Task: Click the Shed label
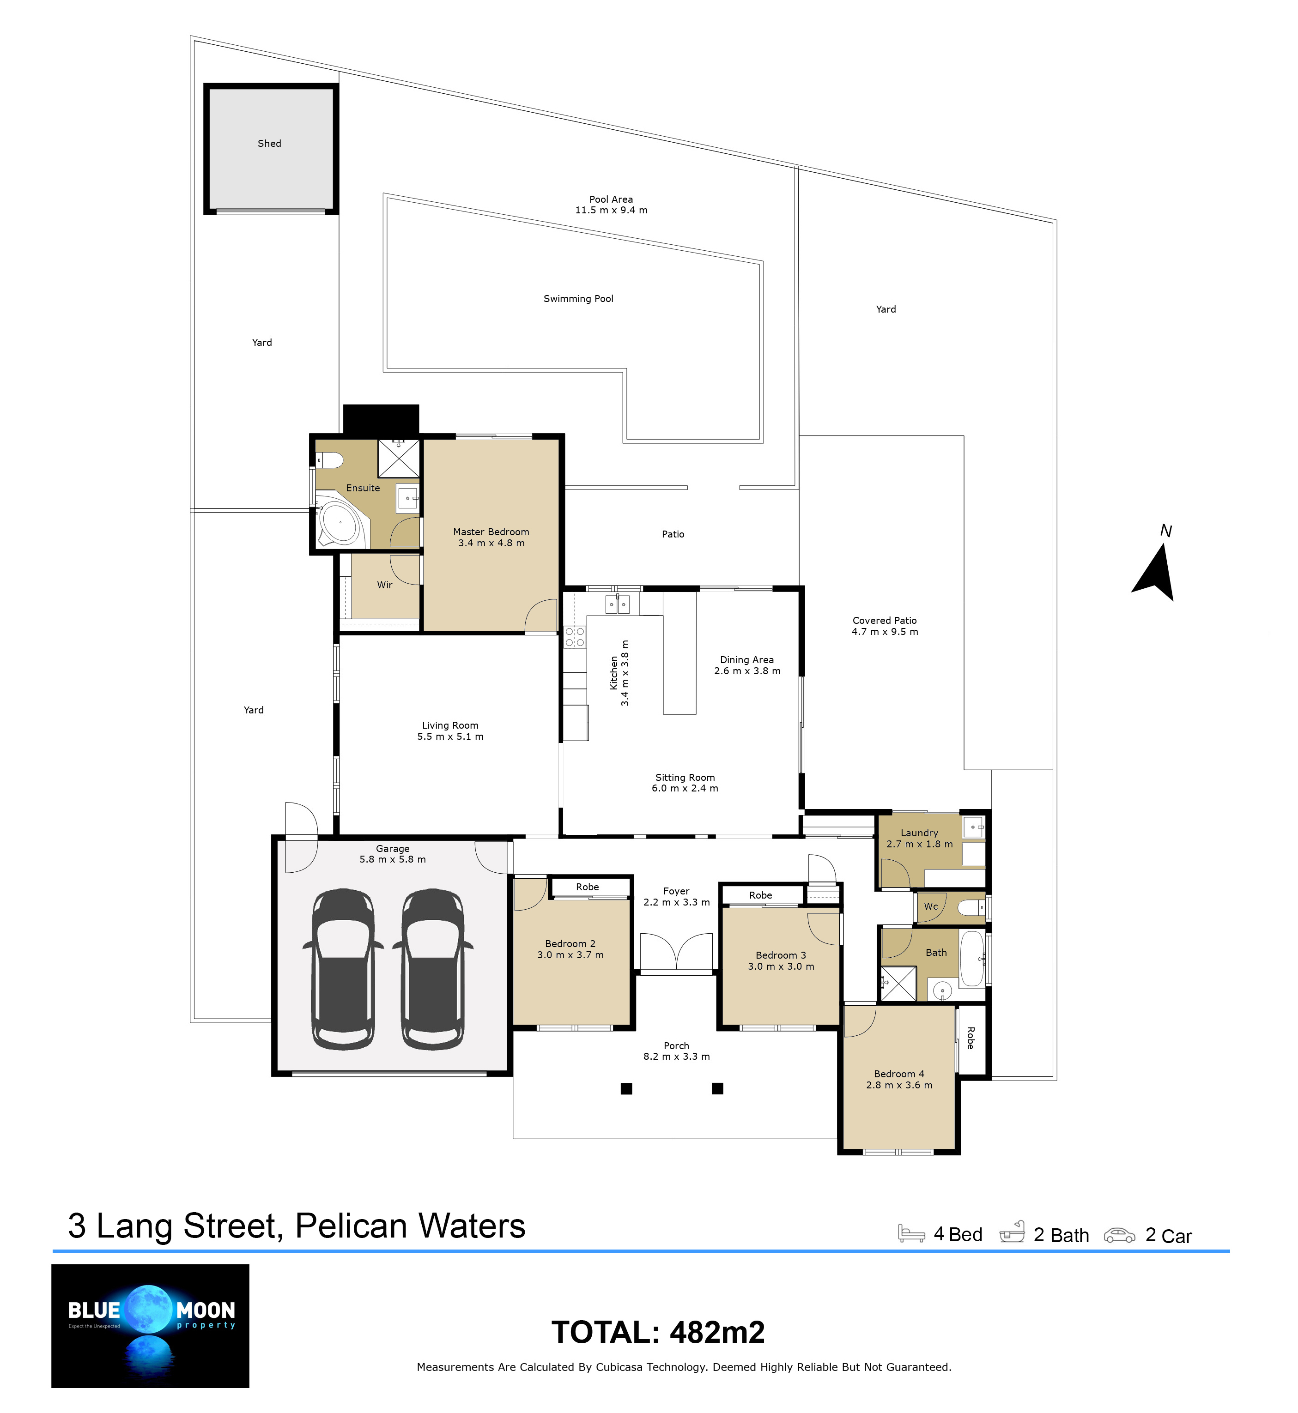pyautogui.click(x=269, y=143)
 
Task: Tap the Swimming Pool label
pyautogui.click(x=578, y=298)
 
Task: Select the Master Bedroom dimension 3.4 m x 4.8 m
pyautogui.click(x=491, y=543)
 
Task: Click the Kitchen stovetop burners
pyautogui.click(x=575, y=637)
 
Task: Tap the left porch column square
pyautogui.click(x=626, y=1088)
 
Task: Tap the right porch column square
pyautogui.click(x=717, y=1088)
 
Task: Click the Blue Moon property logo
pyautogui.click(x=150, y=1326)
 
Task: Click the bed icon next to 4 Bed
pyautogui.click(x=911, y=1234)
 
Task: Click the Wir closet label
pyautogui.click(x=384, y=585)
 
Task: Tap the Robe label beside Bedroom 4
pyautogui.click(x=970, y=1038)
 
